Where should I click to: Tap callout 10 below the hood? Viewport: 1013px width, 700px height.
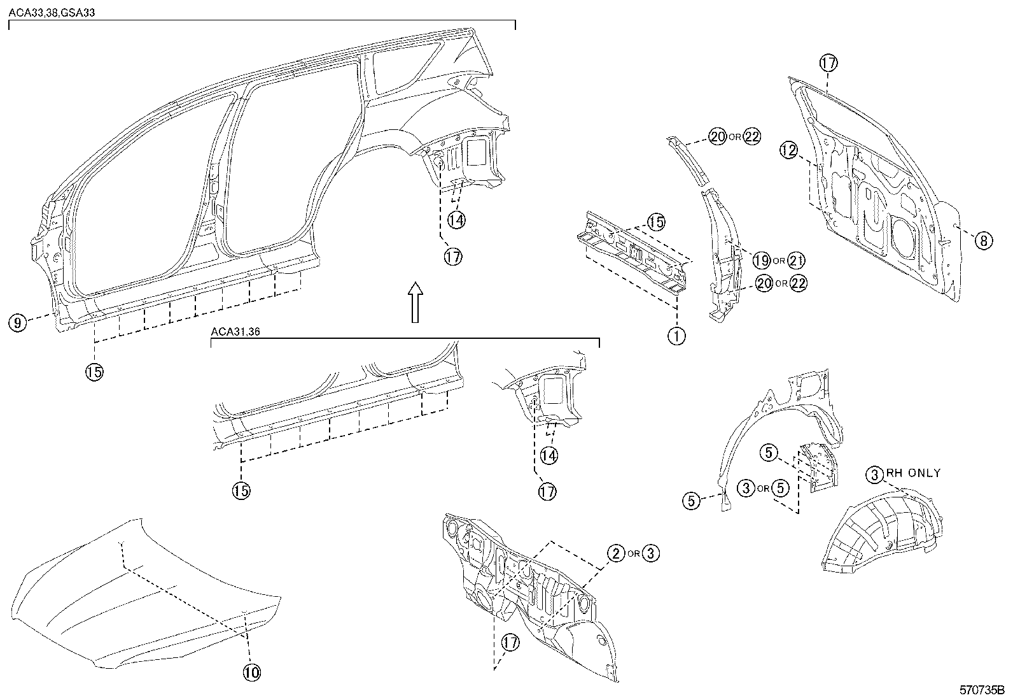point(251,671)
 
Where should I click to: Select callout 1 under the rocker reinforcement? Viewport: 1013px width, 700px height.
point(677,335)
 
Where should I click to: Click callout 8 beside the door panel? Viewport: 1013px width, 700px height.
point(983,241)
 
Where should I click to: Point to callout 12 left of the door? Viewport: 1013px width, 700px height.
point(789,151)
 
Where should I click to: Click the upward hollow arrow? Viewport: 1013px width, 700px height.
point(415,302)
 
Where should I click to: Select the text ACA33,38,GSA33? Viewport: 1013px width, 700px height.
point(52,12)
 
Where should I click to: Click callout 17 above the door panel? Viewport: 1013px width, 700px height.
point(828,63)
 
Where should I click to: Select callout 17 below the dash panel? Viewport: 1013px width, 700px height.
point(510,643)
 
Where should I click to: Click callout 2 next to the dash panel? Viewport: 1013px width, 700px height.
point(615,553)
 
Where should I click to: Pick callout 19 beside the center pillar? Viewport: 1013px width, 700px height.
point(761,260)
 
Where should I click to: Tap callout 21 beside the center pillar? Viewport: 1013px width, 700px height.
point(797,260)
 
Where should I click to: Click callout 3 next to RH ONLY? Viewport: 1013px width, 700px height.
point(876,474)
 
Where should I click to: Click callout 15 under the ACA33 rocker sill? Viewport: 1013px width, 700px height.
point(94,371)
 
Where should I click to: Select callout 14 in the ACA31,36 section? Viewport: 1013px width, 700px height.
point(548,455)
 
